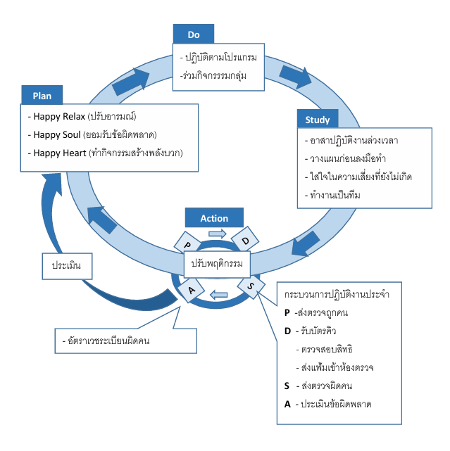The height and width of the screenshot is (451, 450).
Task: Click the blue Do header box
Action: [194, 34]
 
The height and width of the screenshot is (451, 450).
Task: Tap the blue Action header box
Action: [214, 218]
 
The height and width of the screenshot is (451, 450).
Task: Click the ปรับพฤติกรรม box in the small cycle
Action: [217, 264]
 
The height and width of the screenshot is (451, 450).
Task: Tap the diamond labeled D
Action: [245, 241]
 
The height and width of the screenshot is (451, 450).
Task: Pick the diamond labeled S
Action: [251, 285]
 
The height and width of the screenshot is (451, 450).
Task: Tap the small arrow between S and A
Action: [220, 293]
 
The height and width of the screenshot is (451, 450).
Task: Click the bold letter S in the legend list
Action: [287, 386]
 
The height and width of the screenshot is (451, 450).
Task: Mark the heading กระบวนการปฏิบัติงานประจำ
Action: [335, 293]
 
